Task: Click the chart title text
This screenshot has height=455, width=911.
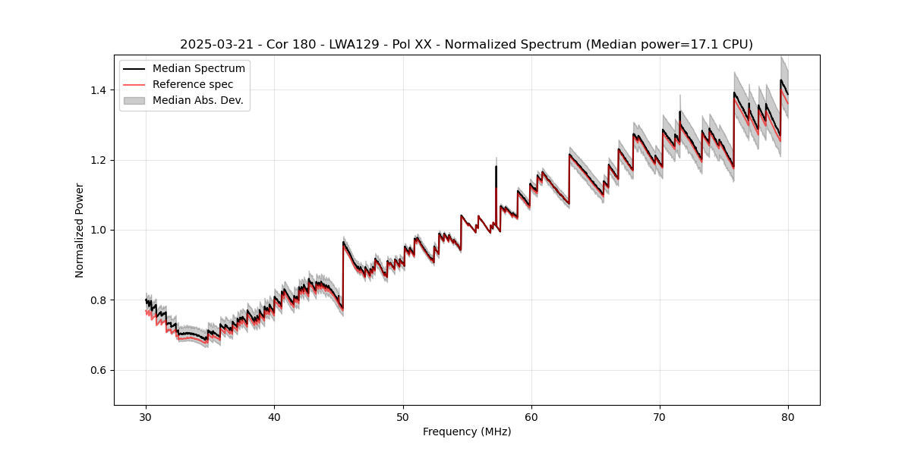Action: [x=466, y=45]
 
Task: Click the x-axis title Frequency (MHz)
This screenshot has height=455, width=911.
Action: [x=466, y=431]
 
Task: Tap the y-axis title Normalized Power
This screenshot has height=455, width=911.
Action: [x=80, y=230]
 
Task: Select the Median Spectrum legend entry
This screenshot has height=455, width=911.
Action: [x=199, y=69]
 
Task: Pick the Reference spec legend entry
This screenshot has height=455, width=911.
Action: [x=193, y=84]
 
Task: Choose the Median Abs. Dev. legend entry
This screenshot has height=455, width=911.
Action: [x=198, y=100]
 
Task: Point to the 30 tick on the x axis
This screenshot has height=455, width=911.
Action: [x=146, y=416]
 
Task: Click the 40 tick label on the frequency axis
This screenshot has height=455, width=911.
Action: [x=274, y=416]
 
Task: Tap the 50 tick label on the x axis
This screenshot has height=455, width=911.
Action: [x=402, y=416]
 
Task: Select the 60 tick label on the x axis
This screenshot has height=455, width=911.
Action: [x=531, y=416]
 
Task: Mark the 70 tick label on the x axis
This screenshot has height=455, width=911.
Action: [x=659, y=416]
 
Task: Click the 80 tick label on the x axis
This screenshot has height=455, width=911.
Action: [x=787, y=416]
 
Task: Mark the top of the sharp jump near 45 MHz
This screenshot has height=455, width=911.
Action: [x=343, y=243]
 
